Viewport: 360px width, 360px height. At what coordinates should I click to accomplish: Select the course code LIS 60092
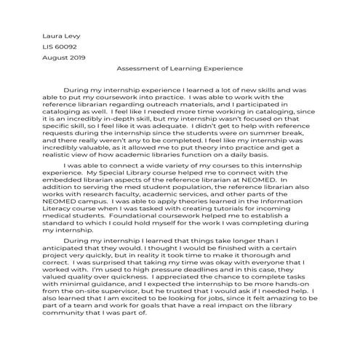(x=60, y=45)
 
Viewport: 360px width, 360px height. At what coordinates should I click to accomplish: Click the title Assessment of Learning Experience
(x=180, y=68)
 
